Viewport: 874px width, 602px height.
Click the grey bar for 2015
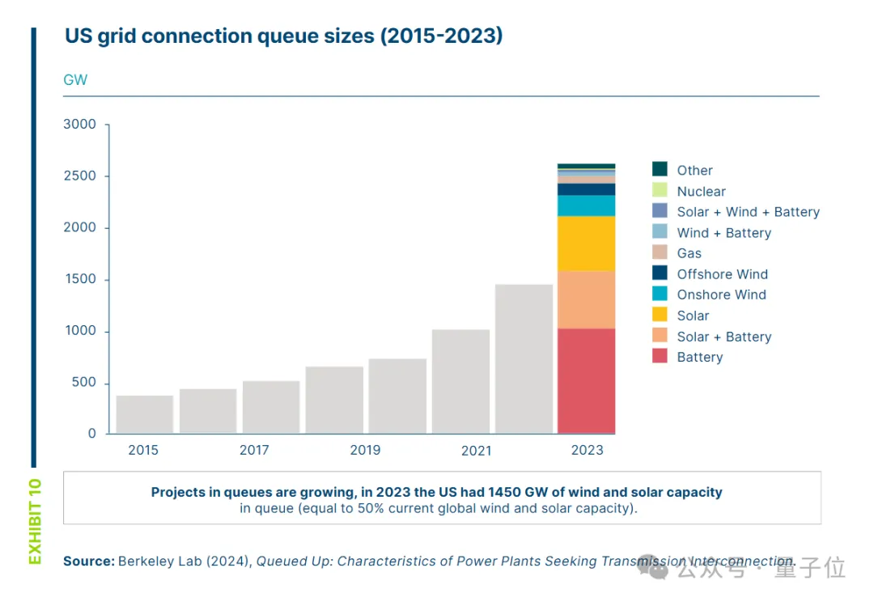coord(145,414)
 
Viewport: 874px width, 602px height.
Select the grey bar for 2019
coord(397,396)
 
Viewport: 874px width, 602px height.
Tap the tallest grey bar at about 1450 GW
coord(524,359)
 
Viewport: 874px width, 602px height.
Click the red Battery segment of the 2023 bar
coord(587,380)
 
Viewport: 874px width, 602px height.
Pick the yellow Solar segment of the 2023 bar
coord(587,244)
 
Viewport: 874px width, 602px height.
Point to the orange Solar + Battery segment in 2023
coord(587,299)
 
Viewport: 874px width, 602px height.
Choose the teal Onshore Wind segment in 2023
coord(587,206)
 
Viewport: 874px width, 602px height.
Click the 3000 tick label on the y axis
coord(80,125)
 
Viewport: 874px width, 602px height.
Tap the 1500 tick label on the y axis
coord(80,279)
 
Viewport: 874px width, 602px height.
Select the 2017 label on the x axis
coord(254,450)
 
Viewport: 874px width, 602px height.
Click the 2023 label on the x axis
coord(587,450)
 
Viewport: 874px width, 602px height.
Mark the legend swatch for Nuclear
coord(660,191)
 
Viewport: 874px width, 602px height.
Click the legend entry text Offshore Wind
coord(722,274)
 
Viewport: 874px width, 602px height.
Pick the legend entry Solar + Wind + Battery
coord(748,212)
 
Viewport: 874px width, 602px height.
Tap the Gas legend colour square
coord(660,253)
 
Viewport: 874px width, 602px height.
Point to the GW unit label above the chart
coord(75,80)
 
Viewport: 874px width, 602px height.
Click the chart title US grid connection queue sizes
coord(283,37)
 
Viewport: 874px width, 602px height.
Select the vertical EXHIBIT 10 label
coord(35,521)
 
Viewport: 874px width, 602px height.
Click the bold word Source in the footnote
coord(88,561)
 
